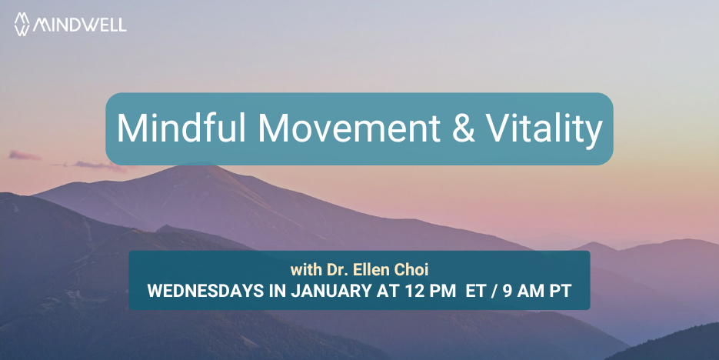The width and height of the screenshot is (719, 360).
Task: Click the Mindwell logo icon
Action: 22,24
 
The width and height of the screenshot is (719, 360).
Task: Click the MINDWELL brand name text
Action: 79,25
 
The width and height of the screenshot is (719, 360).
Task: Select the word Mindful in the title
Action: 181,128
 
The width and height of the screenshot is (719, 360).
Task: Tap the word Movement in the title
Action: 349,128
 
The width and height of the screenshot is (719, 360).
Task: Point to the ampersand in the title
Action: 464,128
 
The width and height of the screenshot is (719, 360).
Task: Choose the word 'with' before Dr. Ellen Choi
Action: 306,270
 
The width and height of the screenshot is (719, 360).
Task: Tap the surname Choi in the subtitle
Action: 413,270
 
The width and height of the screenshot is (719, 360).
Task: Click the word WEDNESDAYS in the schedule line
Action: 205,292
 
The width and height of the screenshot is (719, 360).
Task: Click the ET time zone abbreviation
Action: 475,292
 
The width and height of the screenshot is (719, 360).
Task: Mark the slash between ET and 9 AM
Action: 494,292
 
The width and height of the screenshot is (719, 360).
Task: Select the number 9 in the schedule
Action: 508,292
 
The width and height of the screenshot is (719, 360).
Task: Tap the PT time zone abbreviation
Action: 561,292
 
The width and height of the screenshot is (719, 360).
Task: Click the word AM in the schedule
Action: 531,292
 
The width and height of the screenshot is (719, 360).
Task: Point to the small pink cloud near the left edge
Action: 25,155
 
